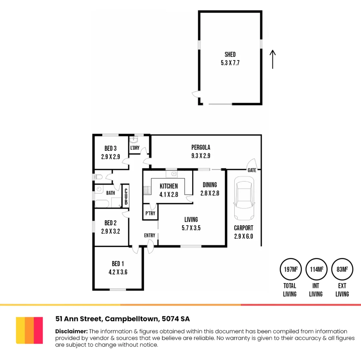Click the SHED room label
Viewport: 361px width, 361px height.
[230, 54]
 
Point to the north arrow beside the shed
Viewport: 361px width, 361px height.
[273, 59]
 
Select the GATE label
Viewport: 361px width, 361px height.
[252, 170]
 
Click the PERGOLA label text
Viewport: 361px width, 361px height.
[201, 147]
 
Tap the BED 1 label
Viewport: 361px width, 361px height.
[118, 264]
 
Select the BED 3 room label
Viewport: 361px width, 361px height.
[111, 148]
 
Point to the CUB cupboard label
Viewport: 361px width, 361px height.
[126, 197]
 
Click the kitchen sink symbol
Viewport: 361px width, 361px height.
[173, 174]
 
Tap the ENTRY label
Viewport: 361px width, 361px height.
[150, 235]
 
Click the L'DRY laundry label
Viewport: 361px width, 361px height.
[135, 148]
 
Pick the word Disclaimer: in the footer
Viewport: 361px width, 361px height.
[71, 331]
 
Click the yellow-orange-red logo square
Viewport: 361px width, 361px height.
[29, 330]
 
